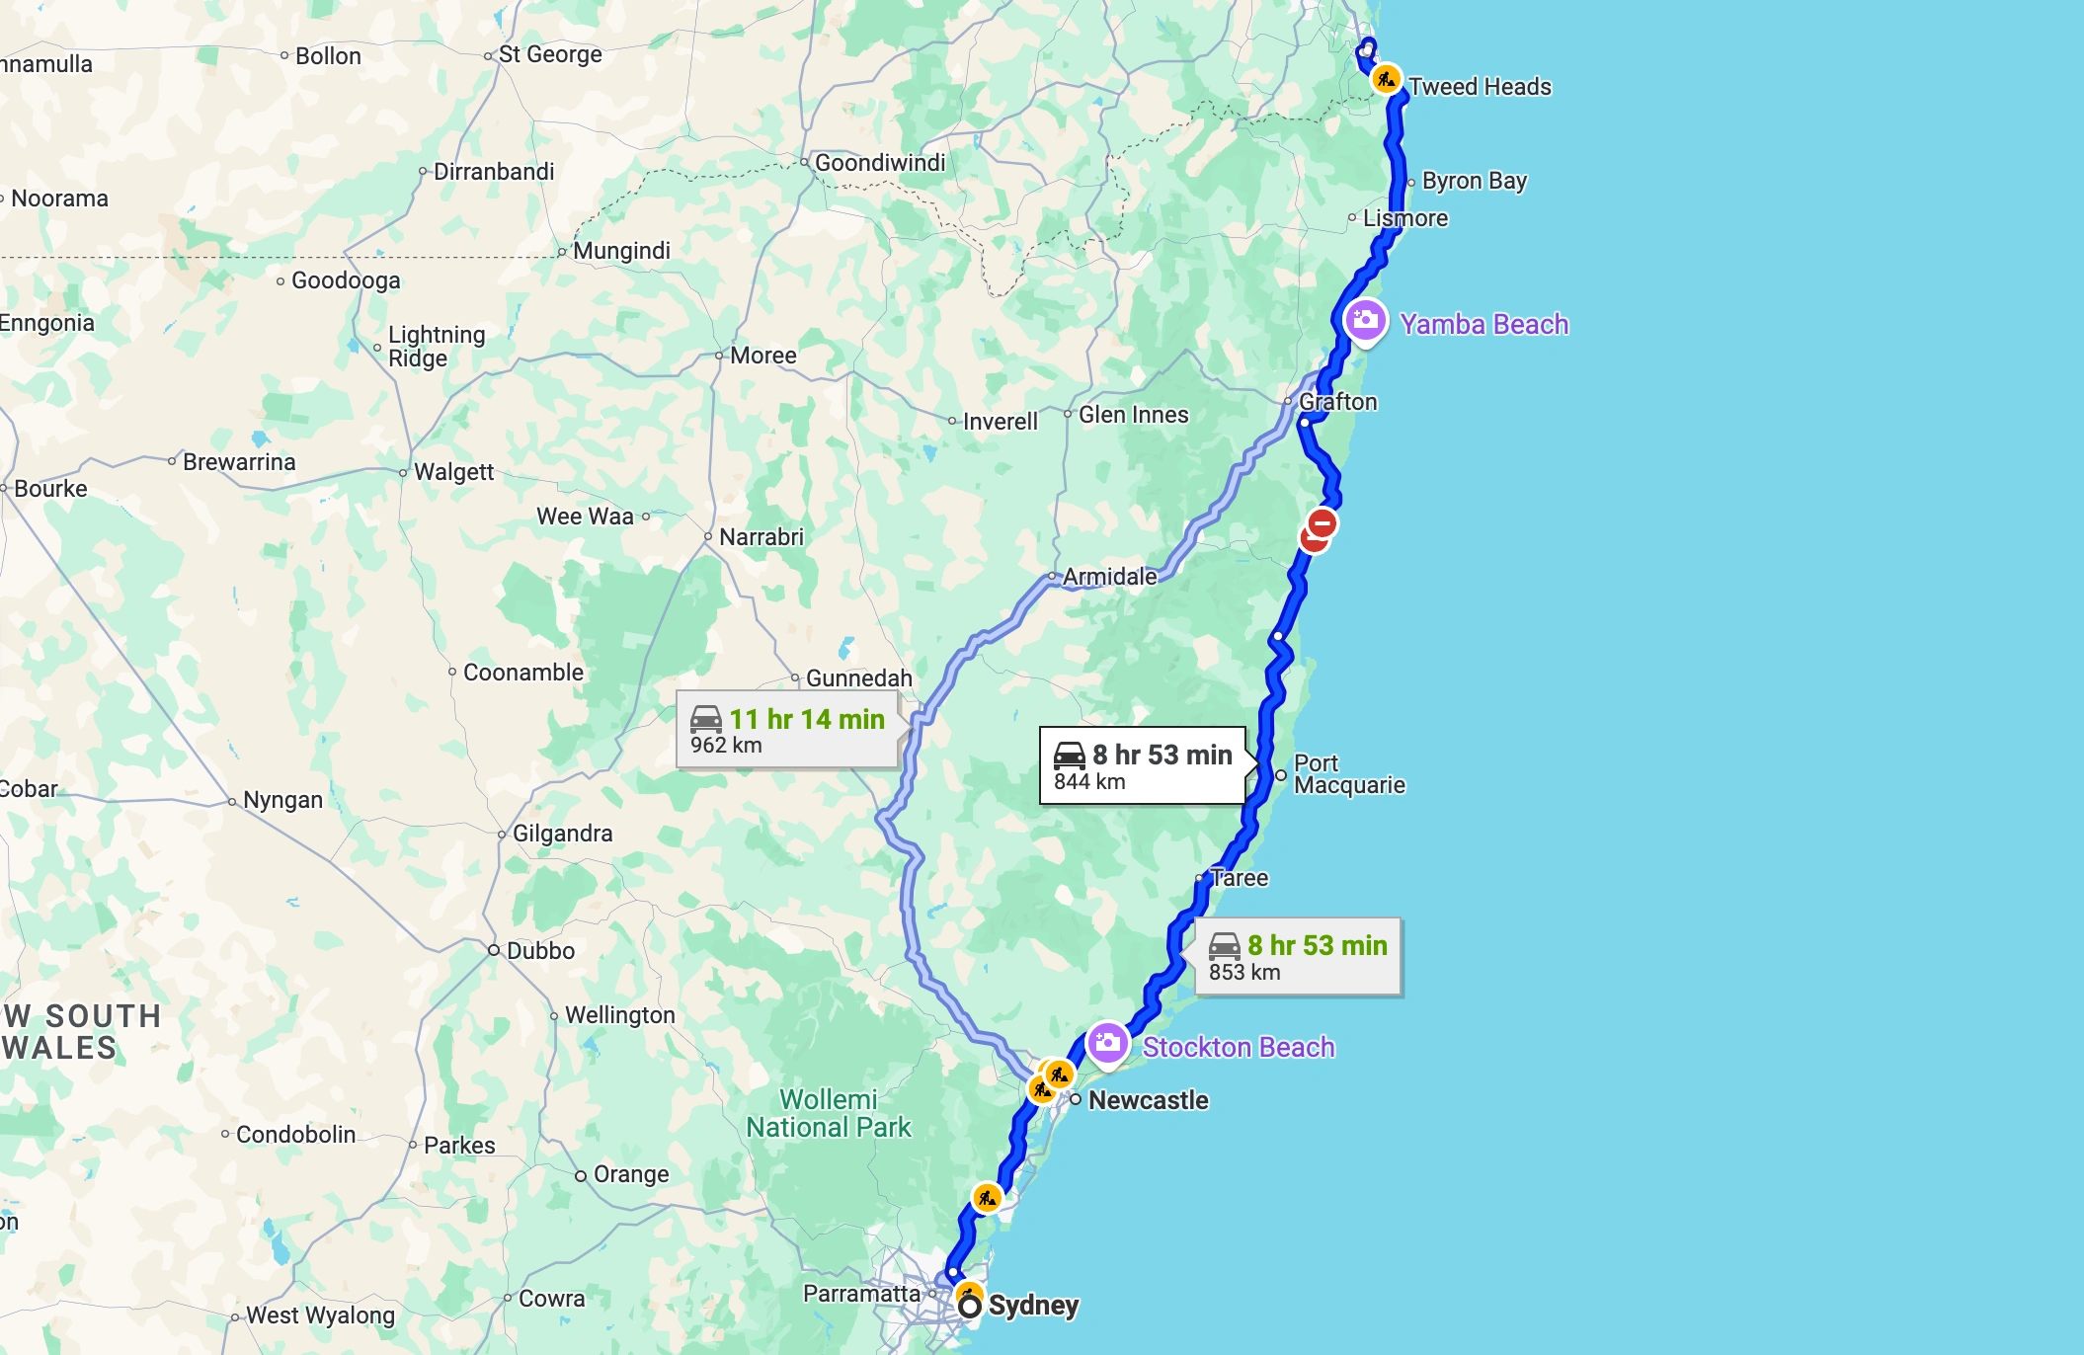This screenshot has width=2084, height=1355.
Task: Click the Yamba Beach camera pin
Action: tap(1365, 320)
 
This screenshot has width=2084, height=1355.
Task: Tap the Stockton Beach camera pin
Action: tap(1107, 1043)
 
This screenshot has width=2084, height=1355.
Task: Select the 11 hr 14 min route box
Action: tap(787, 730)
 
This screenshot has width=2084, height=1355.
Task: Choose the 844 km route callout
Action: tap(1143, 766)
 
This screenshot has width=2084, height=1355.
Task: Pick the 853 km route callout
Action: tap(1298, 957)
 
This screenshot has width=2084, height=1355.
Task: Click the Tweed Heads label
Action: tap(1480, 87)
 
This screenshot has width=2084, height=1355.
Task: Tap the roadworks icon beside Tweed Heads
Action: tap(1386, 79)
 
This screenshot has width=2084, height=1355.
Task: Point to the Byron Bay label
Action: tap(1474, 181)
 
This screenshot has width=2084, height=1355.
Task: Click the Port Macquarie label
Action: tap(1348, 774)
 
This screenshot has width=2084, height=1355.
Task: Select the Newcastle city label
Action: tap(1148, 1100)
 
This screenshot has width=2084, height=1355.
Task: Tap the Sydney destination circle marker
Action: tap(970, 1307)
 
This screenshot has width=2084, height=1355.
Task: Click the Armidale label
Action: tap(1109, 577)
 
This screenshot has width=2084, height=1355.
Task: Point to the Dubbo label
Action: tap(540, 951)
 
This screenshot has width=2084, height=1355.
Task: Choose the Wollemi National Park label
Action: tap(828, 1114)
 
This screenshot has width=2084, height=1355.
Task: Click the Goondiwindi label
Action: tap(879, 163)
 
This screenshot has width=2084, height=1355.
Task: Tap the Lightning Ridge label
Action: tap(436, 347)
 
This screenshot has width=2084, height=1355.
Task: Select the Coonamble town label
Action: tap(522, 673)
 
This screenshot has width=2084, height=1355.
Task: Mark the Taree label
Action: tap(1239, 878)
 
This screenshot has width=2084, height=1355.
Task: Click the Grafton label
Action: tap(1337, 402)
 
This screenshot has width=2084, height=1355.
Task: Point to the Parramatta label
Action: tap(861, 1294)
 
